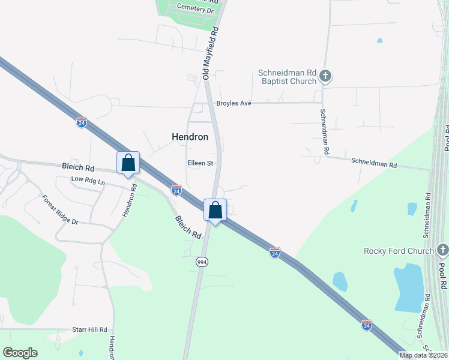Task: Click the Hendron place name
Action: (190, 137)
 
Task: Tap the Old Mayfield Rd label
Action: (211, 52)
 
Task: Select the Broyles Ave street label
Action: (234, 103)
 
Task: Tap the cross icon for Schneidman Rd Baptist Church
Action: (325, 76)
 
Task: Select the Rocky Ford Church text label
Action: (398, 250)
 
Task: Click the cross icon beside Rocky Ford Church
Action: (442, 250)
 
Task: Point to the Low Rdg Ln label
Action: (88, 181)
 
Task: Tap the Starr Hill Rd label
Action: (89, 329)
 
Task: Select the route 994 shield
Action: (202, 262)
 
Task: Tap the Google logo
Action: (20, 353)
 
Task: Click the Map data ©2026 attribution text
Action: (423, 355)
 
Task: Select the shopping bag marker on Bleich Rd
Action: (128, 163)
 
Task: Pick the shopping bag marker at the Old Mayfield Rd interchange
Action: (215, 211)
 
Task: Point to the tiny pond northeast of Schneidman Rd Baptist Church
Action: (379, 41)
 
